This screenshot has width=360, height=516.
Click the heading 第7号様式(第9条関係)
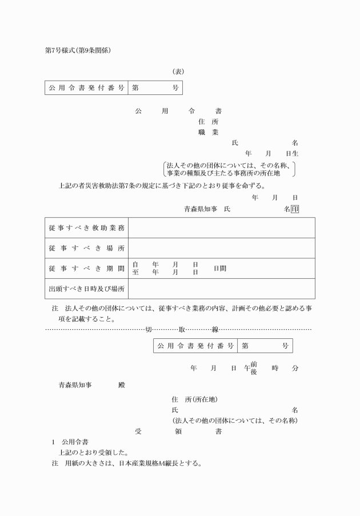78,51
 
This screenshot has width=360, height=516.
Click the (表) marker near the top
178,72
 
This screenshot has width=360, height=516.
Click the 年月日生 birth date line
271,154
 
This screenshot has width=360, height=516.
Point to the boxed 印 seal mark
295,210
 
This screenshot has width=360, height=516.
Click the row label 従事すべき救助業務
86,228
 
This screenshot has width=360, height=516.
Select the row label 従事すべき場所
86,248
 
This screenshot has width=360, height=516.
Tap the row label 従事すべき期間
86,268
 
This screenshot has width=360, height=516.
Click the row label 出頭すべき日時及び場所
86,289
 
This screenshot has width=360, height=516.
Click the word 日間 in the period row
220,268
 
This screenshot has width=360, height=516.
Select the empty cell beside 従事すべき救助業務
221,228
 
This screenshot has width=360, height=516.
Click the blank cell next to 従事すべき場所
221,248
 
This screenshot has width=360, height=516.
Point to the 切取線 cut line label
178,330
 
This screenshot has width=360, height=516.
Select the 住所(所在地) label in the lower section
194,399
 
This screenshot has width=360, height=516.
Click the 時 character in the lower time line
275,368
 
